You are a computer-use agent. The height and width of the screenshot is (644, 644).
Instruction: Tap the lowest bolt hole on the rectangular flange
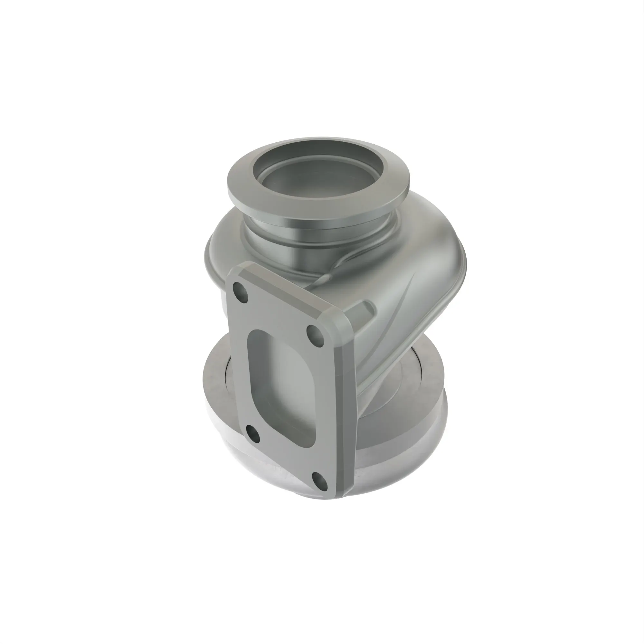pyautogui.click(x=319, y=480)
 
